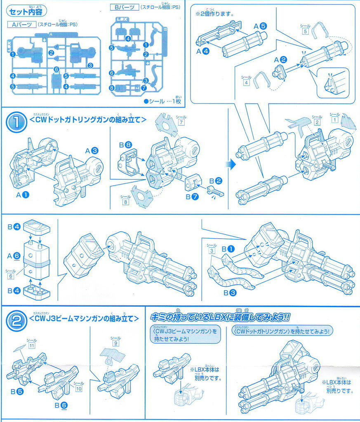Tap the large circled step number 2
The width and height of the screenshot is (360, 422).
click(x=16, y=320)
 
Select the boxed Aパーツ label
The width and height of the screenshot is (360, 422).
click(x=21, y=24)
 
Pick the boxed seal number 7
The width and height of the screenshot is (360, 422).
click(x=181, y=122)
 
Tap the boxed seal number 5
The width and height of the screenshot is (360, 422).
click(x=305, y=31)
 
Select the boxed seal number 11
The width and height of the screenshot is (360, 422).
click(x=31, y=345)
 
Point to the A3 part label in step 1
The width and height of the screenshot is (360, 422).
click(x=91, y=151)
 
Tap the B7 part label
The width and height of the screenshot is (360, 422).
click(x=192, y=197)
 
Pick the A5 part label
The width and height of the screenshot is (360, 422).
click(x=260, y=26)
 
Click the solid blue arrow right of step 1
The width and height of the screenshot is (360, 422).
click(x=231, y=164)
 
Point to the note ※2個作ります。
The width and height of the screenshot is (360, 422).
click(x=215, y=14)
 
